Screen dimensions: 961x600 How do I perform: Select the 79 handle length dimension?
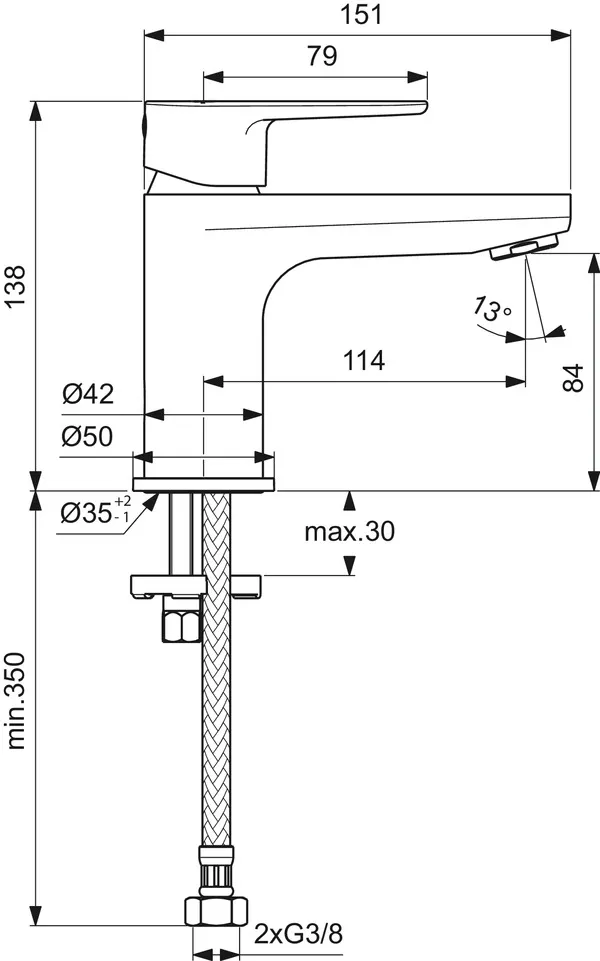(320, 57)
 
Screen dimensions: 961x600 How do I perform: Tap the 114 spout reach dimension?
(364, 361)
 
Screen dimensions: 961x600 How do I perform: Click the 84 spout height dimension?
(571, 377)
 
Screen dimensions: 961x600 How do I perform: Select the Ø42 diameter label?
(87, 394)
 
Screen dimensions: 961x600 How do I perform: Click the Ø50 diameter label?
(87, 436)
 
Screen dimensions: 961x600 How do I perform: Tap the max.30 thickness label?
(349, 532)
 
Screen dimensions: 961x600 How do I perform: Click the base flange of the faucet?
(203, 485)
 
